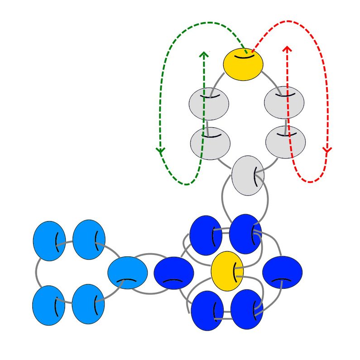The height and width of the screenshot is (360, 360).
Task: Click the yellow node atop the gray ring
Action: [243, 64]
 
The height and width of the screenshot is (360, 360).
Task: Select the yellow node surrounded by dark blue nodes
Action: [227, 271]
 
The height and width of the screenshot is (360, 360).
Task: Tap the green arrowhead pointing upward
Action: [204, 55]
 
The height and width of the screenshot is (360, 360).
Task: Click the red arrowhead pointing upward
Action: [287, 48]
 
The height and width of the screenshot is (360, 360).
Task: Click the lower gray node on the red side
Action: [284, 142]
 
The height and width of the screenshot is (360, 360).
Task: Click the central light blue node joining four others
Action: [128, 273]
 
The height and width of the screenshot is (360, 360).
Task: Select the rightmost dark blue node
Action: [282, 273]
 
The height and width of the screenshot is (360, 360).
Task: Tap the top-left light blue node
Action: [49, 241]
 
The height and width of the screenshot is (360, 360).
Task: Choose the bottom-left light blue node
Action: [49, 305]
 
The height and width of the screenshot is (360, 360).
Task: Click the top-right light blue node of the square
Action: [89, 240]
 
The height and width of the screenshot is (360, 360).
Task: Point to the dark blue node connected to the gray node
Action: [245, 234]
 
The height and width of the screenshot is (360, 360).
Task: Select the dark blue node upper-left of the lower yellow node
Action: [206, 235]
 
